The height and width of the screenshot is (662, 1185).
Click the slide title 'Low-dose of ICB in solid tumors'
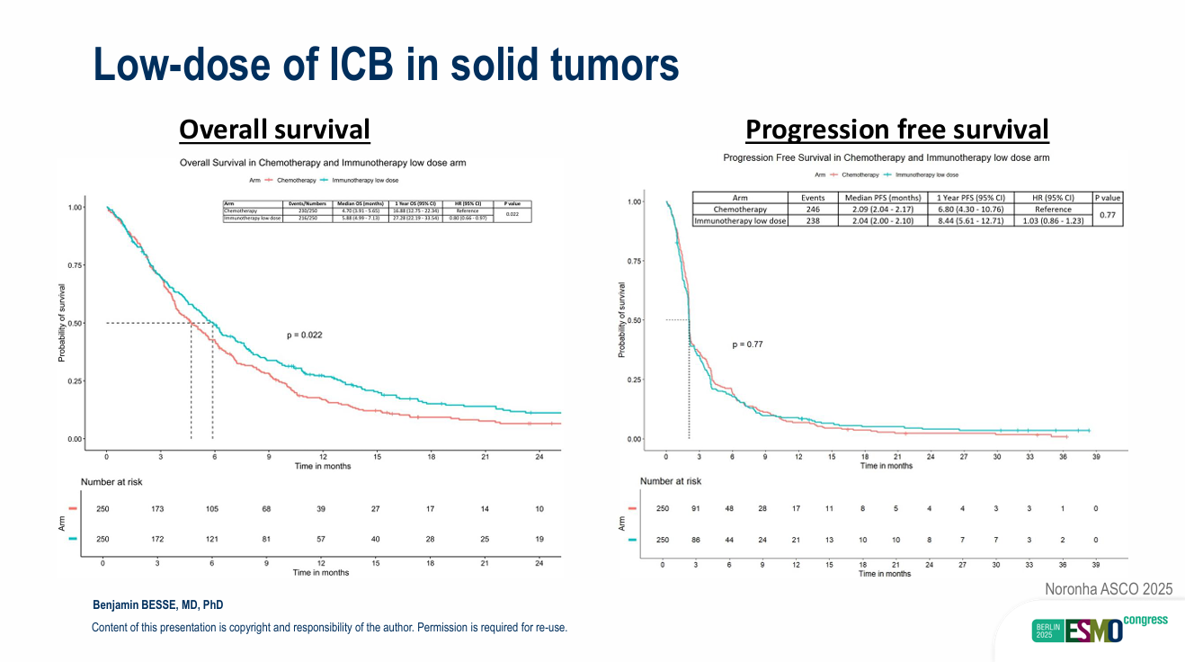click(x=386, y=66)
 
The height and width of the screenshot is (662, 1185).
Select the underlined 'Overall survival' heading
click(x=274, y=130)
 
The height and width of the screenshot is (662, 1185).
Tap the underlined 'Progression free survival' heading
click(x=896, y=130)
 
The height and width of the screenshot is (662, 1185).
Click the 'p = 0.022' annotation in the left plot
click(x=304, y=335)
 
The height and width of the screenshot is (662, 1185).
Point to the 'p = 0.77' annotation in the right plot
click(x=748, y=344)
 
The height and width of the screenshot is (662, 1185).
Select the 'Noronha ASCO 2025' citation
click(x=1109, y=589)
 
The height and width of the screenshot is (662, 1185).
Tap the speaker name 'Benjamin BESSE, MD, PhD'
click(x=158, y=604)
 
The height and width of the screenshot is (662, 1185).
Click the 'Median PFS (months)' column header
click(x=879, y=198)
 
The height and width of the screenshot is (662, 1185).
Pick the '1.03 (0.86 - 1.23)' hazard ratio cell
click(x=1053, y=220)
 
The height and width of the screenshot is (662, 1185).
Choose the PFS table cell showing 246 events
click(x=812, y=209)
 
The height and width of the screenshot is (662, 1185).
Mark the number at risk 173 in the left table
click(x=157, y=509)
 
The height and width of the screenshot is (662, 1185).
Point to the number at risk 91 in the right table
click(x=695, y=509)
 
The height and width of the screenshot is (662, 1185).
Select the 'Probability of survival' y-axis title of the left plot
click(x=62, y=324)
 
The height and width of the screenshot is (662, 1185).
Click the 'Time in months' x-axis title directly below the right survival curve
click(x=886, y=466)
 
